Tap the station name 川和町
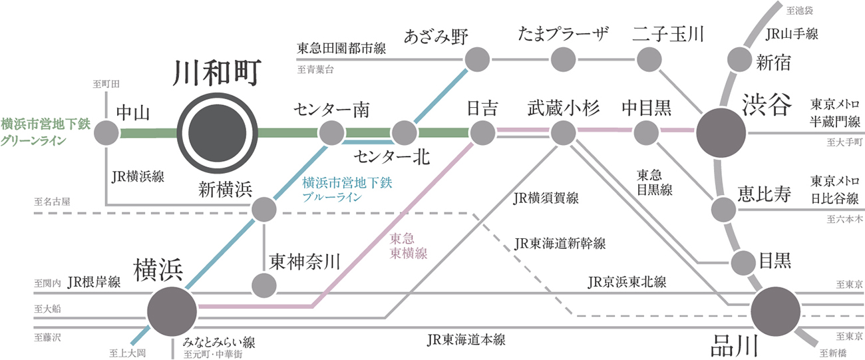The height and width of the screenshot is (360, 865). click(218, 75)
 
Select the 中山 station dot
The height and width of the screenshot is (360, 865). click(106, 132)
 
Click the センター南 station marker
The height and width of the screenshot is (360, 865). click(331, 132)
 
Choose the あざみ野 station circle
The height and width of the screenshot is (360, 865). click(476, 60)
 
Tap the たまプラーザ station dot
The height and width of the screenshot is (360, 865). click(563, 60)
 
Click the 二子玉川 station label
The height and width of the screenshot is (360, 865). click(668, 35)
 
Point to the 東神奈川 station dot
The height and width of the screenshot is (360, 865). click(264, 285)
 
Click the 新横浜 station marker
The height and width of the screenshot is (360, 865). click(264, 210)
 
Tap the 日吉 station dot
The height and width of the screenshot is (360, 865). click(482, 132)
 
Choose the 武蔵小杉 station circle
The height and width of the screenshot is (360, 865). click(563, 132)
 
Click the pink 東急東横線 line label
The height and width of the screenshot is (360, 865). click(408, 246)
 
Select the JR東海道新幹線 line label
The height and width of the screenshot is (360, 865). click(558, 244)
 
